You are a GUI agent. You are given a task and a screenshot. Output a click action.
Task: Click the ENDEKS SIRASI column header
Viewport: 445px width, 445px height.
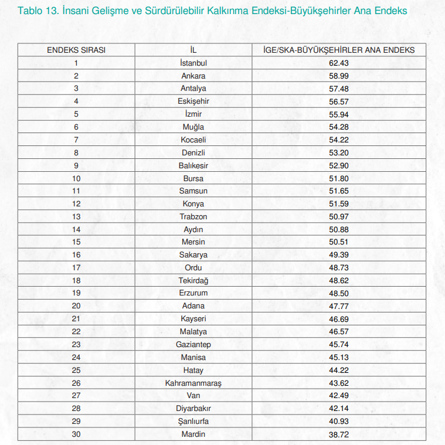tap(76, 50)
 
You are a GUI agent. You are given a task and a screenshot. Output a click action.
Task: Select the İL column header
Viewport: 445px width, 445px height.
tap(193, 50)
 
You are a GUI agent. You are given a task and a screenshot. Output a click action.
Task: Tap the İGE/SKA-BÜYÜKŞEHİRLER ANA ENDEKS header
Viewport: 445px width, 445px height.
tap(339, 50)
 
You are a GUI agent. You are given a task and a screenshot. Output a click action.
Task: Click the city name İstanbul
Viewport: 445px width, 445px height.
tap(193, 63)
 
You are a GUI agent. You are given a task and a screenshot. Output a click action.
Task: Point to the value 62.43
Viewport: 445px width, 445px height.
tap(339, 63)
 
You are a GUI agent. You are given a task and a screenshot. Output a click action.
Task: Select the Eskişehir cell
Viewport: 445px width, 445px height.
tap(193, 101)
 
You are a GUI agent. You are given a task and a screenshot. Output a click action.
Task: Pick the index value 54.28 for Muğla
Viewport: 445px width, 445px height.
tap(339, 127)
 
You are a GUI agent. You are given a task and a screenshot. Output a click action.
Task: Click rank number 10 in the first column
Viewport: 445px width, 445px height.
tap(76, 178)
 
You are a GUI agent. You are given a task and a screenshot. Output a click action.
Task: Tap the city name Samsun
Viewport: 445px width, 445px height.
tap(193, 191)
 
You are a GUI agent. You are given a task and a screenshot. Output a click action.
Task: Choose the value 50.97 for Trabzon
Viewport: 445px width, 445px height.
tap(339, 216)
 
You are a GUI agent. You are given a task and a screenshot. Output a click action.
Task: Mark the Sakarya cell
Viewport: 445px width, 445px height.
tap(193, 254)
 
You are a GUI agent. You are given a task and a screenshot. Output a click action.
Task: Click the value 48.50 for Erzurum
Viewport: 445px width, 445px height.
tap(339, 293)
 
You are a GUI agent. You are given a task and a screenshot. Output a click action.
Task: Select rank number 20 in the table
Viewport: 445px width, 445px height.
tap(76, 306)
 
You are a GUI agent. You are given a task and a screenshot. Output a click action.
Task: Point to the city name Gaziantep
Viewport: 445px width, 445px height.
tap(193, 344)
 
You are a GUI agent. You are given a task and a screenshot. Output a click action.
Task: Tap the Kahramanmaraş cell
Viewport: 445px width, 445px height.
tap(193, 383)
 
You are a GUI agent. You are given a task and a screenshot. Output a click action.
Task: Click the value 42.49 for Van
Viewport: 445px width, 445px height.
tap(339, 396)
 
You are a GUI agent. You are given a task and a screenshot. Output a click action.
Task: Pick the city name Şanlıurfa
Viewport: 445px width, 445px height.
tap(193, 422)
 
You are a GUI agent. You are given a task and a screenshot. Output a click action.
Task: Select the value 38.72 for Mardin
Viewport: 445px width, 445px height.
tap(339, 434)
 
